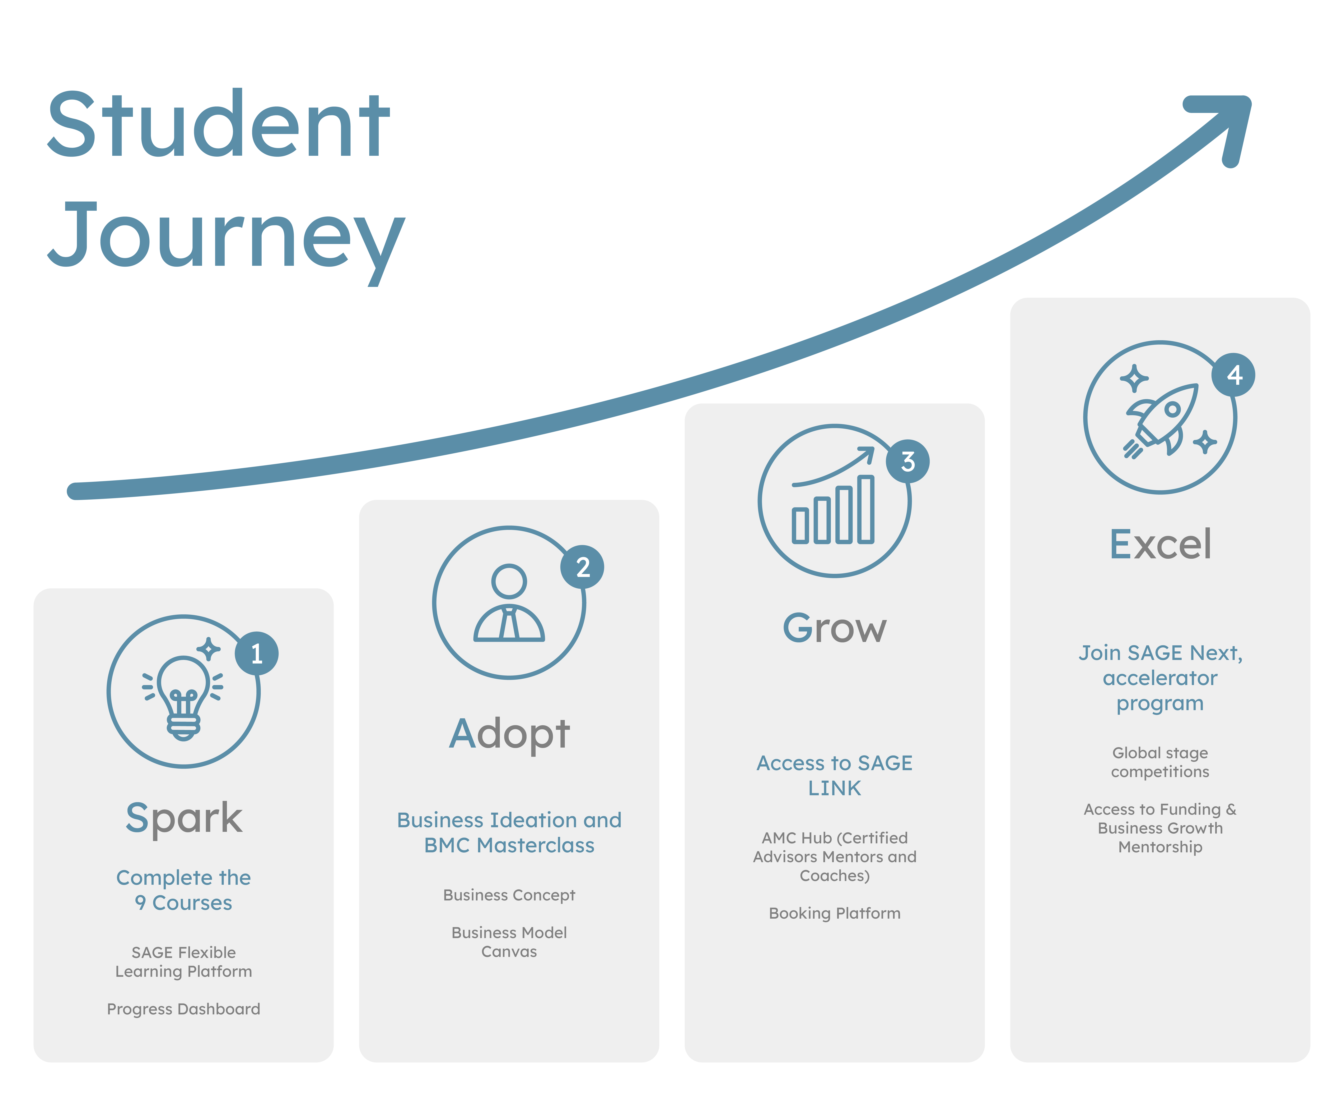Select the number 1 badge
pyautogui.click(x=257, y=653)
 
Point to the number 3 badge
pyautogui.click(x=907, y=461)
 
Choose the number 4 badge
pyautogui.click(x=1233, y=375)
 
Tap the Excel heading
pyautogui.click(x=1160, y=544)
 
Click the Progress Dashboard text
pyautogui.click(x=184, y=1009)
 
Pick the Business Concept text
pyautogui.click(x=509, y=895)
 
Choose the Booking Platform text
pyautogui.click(x=835, y=913)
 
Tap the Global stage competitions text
pyautogui.click(x=1160, y=762)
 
